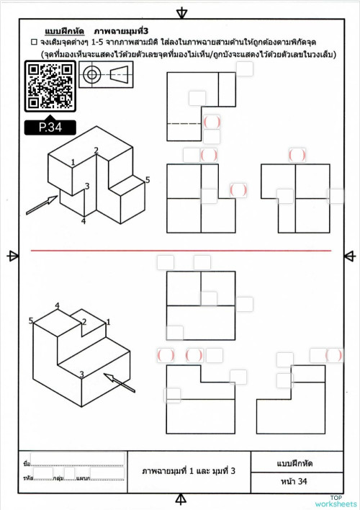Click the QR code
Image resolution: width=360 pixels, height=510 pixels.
click(x=50, y=85)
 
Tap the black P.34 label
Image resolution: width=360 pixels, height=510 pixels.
click(x=50, y=128)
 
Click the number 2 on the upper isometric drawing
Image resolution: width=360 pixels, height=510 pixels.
click(x=96, y=151)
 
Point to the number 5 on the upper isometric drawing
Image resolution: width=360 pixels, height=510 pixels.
click(x=148, y=179)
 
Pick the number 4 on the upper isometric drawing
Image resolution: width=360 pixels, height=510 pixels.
click(x=84, y=221)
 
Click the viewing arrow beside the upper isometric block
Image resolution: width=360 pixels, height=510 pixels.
click(x=41, y=204)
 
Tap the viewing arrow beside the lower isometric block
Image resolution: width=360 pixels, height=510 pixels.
click(x=120, y=382)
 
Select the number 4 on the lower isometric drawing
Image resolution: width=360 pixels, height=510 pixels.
click(x=57, y=305)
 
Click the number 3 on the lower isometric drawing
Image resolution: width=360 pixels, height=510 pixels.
click(x=81, y=374)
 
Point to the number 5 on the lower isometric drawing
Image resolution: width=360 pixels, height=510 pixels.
click(x=31, y=321)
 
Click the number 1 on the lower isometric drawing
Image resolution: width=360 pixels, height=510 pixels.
click(x=108, y=321)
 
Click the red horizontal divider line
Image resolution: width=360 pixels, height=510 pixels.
click(x=180, y=251)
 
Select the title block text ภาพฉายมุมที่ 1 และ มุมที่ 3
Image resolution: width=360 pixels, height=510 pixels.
click(x=189, y=470)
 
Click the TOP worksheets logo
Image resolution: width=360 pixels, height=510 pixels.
click(x=336, y=501)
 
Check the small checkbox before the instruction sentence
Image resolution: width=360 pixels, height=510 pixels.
click(x=34, y=43)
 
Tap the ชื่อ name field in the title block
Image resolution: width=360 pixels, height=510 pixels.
click(x=72, y=459)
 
